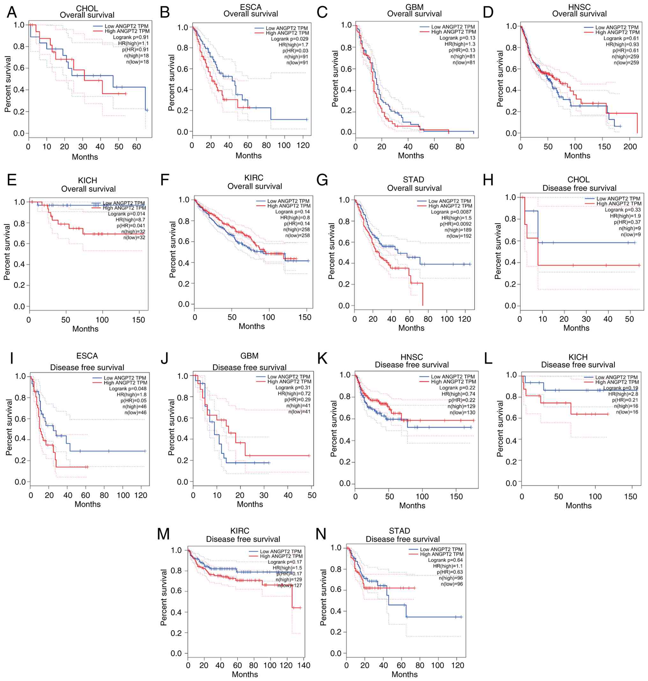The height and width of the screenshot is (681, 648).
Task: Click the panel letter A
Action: [12, 12]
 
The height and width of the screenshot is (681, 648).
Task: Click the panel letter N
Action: [321, 534]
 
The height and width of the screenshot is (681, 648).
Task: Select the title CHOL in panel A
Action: [87, 8]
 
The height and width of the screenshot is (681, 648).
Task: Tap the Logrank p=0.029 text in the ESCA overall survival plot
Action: [290, 39]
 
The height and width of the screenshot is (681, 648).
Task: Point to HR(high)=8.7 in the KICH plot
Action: [130, 220]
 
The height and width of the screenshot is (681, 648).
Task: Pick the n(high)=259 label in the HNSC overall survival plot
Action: [625, 57]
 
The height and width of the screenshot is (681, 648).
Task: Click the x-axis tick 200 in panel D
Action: [630, 146]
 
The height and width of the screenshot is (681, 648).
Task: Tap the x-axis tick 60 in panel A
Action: [136, 147]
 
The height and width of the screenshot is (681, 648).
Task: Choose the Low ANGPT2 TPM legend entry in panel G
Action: [449, 201]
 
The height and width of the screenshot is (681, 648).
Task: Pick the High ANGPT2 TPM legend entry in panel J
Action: [289, 381]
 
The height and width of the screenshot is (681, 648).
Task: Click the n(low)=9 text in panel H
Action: [631, 234]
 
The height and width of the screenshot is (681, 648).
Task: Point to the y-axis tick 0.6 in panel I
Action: [20, 419]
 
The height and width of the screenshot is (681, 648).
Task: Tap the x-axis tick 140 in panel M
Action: [304, 665]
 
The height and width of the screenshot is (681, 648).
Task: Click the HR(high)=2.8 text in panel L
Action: [623, 394]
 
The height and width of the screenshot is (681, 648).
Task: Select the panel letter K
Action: [322, 359]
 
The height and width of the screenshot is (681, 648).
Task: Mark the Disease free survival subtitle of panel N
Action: [403, 539]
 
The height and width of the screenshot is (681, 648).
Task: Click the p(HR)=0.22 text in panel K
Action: [462, 400]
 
